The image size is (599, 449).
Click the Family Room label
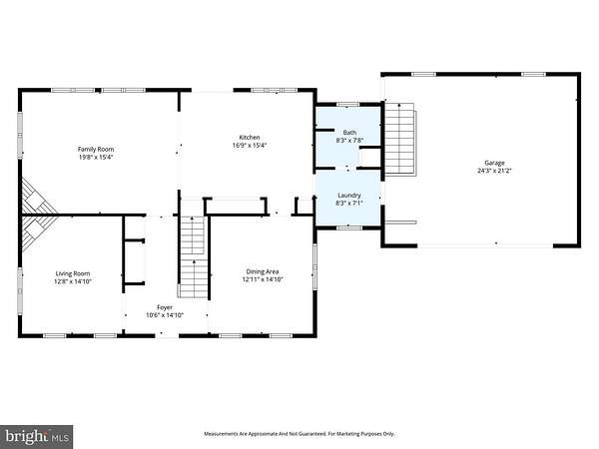click(96, 149)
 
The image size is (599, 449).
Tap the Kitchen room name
click(250, 137)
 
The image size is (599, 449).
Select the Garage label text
click(495, 163)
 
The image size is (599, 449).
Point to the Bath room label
click(349, 133)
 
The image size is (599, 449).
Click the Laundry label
click(349, 196)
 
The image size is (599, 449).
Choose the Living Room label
click(73, 273)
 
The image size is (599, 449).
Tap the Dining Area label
click(263, 271)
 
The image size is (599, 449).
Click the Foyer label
click(165, 307)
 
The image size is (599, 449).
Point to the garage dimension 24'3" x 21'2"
click(495, 171)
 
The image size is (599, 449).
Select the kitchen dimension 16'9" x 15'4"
click(250, 145)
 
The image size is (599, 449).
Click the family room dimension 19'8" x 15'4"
click(96, 157)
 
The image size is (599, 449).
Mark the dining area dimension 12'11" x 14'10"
click(263, 279)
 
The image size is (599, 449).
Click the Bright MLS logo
click(37, 436)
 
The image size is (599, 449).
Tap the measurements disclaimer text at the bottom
click(299, 434)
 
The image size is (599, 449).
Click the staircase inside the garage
click(400, 139)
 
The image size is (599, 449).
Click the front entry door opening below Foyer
click(167, 336)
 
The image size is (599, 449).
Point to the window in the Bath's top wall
click(348, 104)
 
